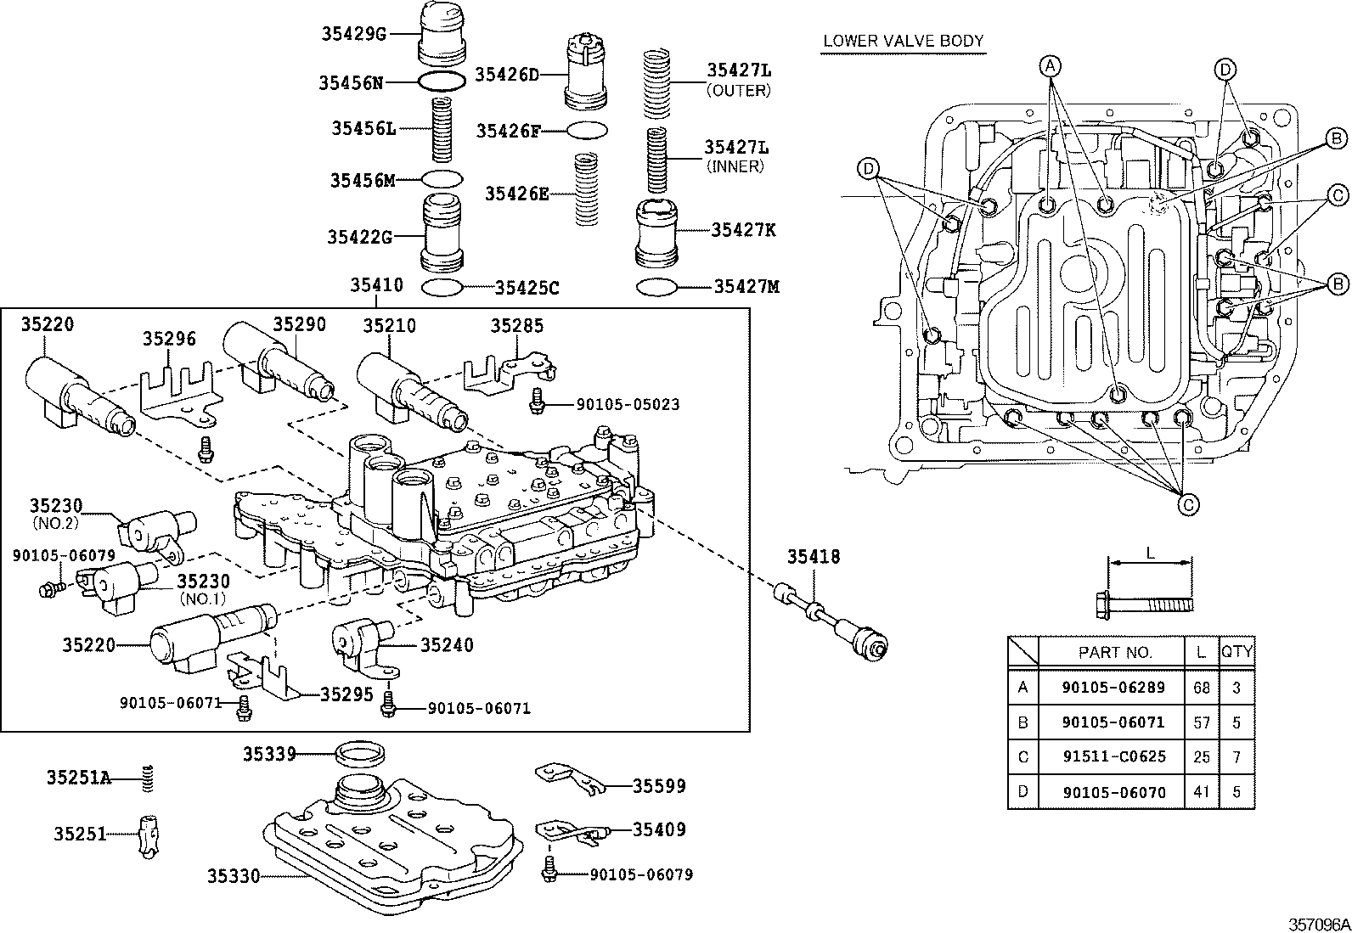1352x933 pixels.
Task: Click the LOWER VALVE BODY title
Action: click(903, 41)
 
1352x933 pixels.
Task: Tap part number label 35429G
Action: click(353, 34)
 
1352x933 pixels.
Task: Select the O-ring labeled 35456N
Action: click(442, 81)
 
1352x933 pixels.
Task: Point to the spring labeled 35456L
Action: click(442, 130)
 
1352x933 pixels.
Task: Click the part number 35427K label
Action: click(743, 229)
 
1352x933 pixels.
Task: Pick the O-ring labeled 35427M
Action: click(656, 287)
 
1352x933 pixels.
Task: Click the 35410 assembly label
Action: click(376, 285)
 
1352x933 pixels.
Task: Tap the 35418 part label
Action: click(813, 557)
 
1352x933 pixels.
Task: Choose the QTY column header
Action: click(1237, 652)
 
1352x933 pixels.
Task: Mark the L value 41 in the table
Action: click(1201, 792)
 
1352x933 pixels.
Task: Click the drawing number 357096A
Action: click(1318, 923)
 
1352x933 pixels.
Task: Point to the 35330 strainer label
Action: click(234, 875)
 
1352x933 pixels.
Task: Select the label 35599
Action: click(659, 786)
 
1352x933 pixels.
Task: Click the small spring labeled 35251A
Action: click(148, 778)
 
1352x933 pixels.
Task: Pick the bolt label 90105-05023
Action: click(628, 405)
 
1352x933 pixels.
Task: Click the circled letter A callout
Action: click(1051, 66)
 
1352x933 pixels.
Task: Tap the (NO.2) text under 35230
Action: click(55, 523)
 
